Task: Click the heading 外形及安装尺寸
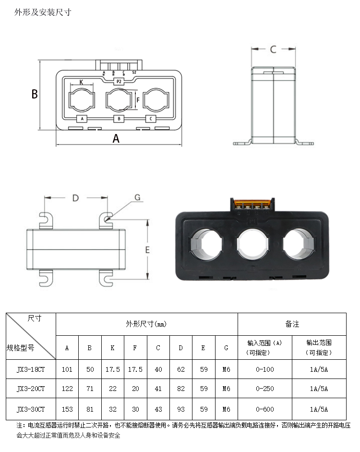tap(43, 12)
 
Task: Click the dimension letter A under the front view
tap(116, 138)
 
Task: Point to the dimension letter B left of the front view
tap(35, 94)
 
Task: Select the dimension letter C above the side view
tap(273, 49)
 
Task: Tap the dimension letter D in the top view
tap(75, 198)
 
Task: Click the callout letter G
tap(137, 197)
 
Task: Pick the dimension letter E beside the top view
tap(148, 250)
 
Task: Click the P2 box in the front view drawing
tap(119, 82)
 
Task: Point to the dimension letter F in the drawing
tap(138, 100)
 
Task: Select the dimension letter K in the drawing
tap(81, 82)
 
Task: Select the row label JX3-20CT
tap(31, 388)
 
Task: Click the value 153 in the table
tap(67, 409)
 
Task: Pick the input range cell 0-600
tap(265, 409)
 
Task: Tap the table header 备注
tap(292, 324)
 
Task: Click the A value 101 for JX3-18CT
tap(67, 370)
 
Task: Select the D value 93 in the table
tap(181, 409)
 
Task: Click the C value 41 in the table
tap(158, 388)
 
